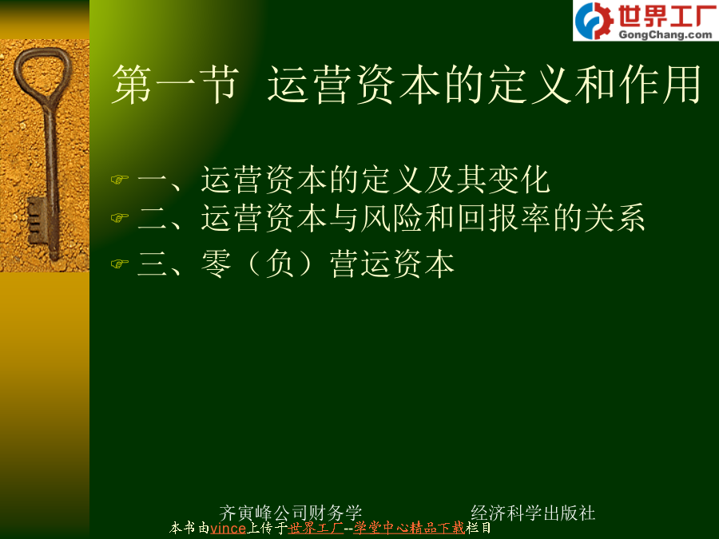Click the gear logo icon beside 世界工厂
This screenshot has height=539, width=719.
pyautogui.click(x=594, y=21)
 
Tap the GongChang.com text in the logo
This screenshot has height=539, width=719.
pyautogui.click(x=665, y=35)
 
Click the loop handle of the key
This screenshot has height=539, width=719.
pyautogui.click(x=43, y=73)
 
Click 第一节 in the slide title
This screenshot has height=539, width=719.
pyautogui.click(x=175, y=84)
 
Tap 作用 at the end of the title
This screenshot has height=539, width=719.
pyautogui.click(x=660, y=84)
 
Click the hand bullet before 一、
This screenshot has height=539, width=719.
pyautogui.click(x=120, y=179)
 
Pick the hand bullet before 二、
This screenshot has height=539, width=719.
pyautogui.click(x=120, y=217)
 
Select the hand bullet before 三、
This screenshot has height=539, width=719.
pyautogui.click(x=120, y=264)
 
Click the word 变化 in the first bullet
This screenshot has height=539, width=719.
pyautogui.click(x=519, y=179)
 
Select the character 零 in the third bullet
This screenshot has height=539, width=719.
pyautogui.click(x=216, y=264)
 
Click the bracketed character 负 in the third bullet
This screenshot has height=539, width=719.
pyautogui.click(x=280, y=264)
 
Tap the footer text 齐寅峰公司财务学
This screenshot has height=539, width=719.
pyautogui.click(x=291, y=513)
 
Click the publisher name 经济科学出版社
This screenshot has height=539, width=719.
pyautogui.click(x=533, y=513)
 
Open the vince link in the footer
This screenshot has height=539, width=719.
pyautogui.click(x=228, y=529)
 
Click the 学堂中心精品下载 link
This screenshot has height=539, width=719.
pyautogui.click(x=409, y=528)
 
